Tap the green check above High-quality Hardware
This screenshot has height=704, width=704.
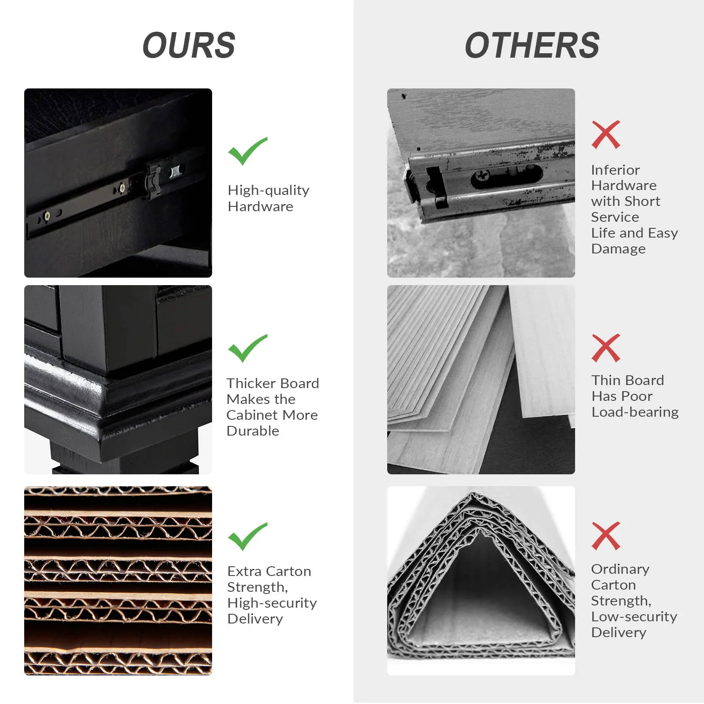tap(247, 151)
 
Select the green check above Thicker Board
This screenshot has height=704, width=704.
tap(247, 348)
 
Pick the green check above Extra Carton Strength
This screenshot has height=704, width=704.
tap(247, 536)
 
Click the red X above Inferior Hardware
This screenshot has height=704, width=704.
tap(606, 135)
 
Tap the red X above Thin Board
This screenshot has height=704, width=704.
tap(606, 348)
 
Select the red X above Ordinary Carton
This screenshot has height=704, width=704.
tap(606, 536)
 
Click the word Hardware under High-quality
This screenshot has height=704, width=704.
tap(260, 206)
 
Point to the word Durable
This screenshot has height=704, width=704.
tap(253, 431)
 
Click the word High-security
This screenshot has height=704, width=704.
tap(272, 603)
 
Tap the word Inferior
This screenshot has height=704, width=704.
tap(615, 170)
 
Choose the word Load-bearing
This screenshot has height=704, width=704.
tap(635, 412)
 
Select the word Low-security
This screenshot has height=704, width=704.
tap(634, 617)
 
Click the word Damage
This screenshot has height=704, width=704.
tap(618, 249)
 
